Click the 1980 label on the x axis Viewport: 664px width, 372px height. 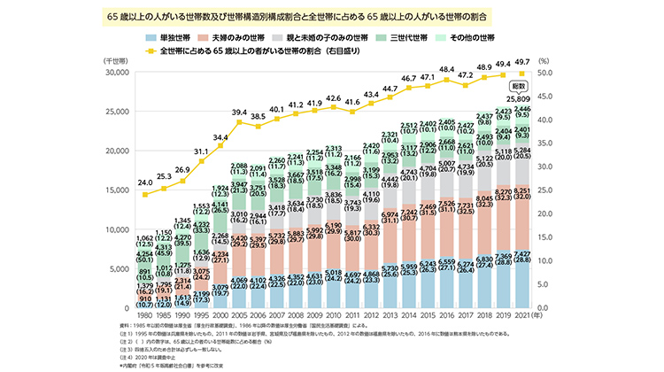click(x=145, y=315)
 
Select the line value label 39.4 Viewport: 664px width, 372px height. click(x=239, y=112)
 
